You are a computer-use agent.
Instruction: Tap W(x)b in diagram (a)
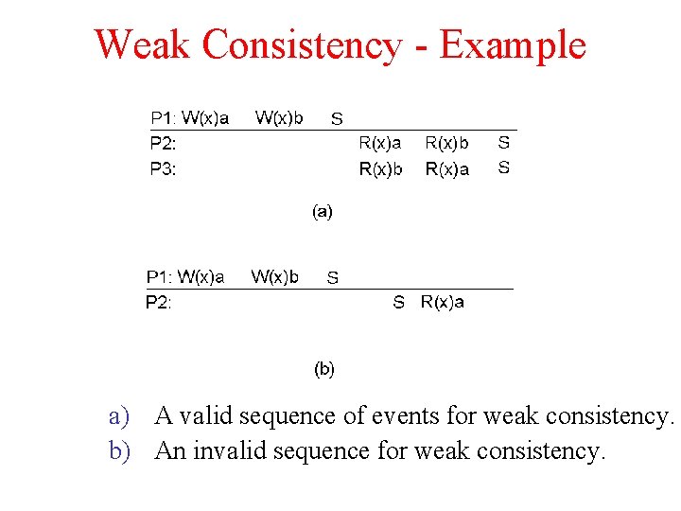click(279, 117)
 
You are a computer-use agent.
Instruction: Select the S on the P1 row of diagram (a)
click(337, 119)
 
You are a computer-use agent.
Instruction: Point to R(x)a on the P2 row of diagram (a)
click(379, 143)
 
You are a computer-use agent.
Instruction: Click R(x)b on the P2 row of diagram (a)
click(446, 143)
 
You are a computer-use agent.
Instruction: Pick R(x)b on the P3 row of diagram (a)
click(379, 169)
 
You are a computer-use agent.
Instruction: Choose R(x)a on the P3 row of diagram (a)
click(446, 169)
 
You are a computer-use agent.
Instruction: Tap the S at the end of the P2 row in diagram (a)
click(504, 143)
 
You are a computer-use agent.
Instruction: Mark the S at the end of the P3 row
click(504, 167)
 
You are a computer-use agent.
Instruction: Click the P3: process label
click(163, 169)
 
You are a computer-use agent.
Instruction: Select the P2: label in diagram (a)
click(163, 144)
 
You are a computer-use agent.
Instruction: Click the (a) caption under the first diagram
click(323, 212)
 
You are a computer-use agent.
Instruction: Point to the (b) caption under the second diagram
click(323, 368)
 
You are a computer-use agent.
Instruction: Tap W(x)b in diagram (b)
click(274, 276)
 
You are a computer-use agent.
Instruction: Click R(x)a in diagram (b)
click(442, 302)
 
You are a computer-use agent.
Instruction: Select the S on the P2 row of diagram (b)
click(398, 303)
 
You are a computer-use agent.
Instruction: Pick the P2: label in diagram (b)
click(158, 303)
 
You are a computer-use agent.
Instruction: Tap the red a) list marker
click(117, 416)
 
